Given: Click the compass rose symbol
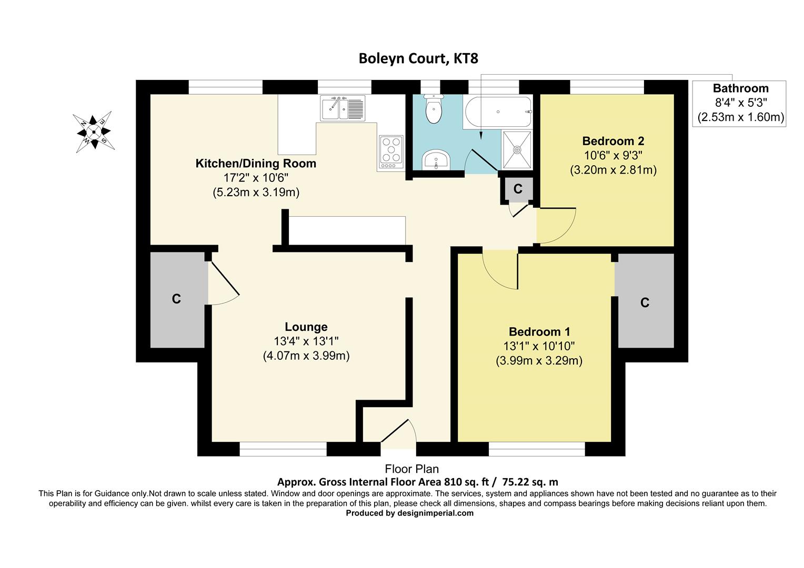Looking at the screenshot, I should [94, 131].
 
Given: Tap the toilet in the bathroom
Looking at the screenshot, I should [434, 110].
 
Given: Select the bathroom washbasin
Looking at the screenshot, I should [435, 159].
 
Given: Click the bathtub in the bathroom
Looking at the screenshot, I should [497, 111].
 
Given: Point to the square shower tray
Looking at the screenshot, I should [517, 150].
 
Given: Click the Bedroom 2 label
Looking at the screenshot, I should [613, 141].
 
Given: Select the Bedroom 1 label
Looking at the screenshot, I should [539, 332].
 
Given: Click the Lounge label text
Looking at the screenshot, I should [306, 327].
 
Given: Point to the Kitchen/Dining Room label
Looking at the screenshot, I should [256, 163].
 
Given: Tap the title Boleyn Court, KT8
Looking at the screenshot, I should [418, 58].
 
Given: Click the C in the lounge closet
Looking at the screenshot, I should [177, 299].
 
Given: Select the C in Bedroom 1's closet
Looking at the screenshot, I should [645, 302].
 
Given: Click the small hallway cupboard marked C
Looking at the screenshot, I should [518, 189].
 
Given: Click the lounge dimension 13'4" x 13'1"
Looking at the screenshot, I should [306, 341].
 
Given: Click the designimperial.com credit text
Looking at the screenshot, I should [409, 513].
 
